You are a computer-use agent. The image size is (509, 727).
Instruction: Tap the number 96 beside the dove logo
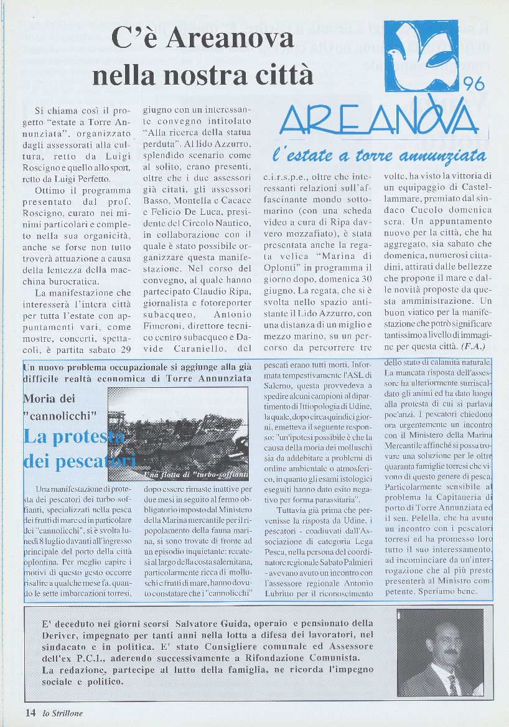pos(478,82)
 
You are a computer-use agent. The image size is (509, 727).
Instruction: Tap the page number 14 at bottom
pos(30,713)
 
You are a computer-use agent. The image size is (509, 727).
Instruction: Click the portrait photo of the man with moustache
pos(444,652)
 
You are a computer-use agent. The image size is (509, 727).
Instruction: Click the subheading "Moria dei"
pos(49,398)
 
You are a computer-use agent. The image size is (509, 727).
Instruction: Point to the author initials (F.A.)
pos(472,345)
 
